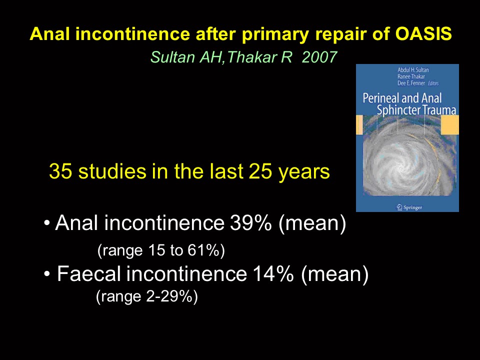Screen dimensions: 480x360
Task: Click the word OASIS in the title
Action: click(x=423, y=33)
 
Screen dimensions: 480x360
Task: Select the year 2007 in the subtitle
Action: click(x=319, y=57)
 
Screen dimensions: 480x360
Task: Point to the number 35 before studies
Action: click(x=60, y=171)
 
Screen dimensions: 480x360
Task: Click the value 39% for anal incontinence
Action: click(x=250, y=223)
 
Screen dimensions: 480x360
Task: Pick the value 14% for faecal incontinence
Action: click(x=273, y=273)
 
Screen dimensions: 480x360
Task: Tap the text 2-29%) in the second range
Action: click(x=172, y=296)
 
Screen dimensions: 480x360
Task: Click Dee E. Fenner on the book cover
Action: click(x=411, y=83)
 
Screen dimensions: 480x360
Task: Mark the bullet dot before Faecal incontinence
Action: click(x=47, y=273)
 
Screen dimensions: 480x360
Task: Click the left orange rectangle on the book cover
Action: click(x=359, y=125)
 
